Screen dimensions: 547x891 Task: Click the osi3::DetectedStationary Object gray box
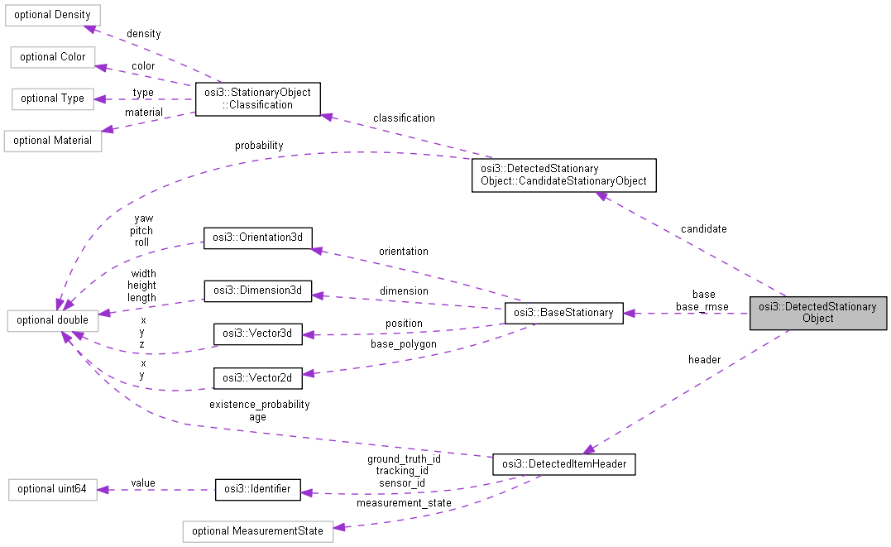818,313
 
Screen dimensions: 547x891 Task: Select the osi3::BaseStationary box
563,313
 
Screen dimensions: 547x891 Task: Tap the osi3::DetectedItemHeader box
563,465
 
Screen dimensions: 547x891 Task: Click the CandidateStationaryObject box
563,175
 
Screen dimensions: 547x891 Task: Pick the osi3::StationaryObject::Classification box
258,98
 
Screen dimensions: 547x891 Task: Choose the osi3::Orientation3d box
258,238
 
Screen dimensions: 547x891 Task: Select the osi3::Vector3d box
258,334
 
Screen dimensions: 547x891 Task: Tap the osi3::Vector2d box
258,378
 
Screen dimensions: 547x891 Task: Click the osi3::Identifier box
258,489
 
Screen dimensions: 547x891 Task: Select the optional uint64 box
52,489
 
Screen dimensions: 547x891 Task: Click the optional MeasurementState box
257,530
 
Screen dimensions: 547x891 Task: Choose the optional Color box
52,57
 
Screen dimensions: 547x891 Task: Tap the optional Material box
52,141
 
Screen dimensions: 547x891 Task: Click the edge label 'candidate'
703,228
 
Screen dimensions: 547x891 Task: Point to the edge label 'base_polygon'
404,343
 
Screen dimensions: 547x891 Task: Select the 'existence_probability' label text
260,405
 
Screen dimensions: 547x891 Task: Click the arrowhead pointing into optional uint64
102,489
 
